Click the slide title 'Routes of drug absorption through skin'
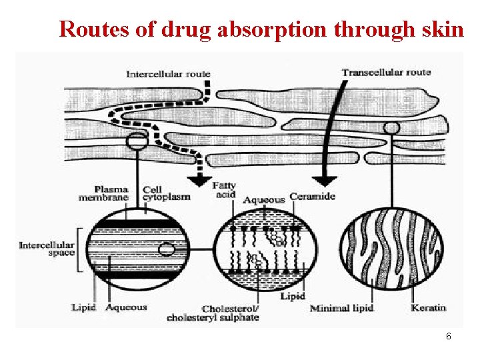click(x=261, y=29)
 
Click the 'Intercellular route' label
click(x=168, y=73)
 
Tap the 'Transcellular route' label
click(x=386, y=71)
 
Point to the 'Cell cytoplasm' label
click(x=166, y=193)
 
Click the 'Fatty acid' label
click(x=224, y=189)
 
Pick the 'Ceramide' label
click(x=313, y=197)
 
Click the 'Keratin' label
click(x=428, y=307)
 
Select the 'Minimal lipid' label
click(x=341, y=308)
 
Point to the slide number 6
click(x=449, y=337)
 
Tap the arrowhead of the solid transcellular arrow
click(x=325, y=180)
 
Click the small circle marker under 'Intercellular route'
click(x=137, y=141)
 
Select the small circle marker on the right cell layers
click(x=392, y=127)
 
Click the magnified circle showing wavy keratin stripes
click(x=391, y=250)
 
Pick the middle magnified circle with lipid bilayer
click(x=265, y=250)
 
